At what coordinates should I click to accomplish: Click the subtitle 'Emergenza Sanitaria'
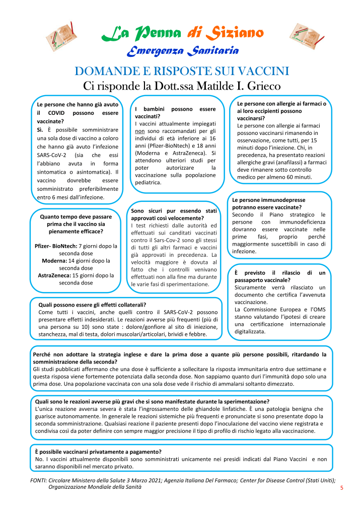tap(182, 51)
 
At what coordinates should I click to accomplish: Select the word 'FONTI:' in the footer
tap(39, 481)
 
